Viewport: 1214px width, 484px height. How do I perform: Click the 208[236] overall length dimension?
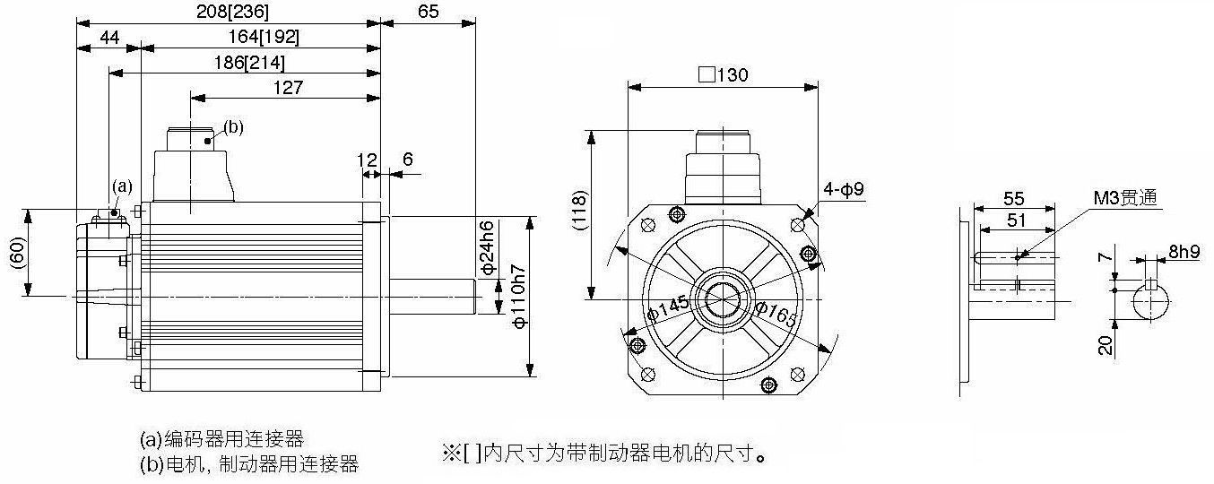click(x=232, y=12)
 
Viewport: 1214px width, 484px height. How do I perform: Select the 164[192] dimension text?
click(x=264, y=37)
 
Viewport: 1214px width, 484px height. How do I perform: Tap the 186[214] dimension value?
click(x=248, y=63)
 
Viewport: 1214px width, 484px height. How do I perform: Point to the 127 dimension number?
click(x=288, y=87)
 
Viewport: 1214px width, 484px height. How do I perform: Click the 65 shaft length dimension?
click(x=429, y=12)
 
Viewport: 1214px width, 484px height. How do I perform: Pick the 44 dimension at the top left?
click(x=108, y=37)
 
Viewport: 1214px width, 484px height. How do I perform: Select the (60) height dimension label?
click(x=19, y=253)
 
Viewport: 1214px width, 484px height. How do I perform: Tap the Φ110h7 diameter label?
click(x=518, y=297)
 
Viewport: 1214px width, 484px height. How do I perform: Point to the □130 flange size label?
click(x=723, y=74)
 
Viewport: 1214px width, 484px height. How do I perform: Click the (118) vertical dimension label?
click(x=580, y=211)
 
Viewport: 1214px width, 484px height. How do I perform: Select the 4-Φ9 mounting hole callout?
click(x=844, y=189)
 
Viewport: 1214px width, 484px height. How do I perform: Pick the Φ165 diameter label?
click(x=776, y=315)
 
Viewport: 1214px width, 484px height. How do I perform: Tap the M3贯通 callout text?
click(x=1125, y=198)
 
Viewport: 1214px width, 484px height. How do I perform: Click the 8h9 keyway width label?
click(x=1184, y=252)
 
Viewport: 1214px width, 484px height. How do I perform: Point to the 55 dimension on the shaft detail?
click(x=1013, y=198)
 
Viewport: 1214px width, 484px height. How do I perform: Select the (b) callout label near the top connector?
click(x=234, y=127)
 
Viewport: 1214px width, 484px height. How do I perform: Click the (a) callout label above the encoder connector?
click(x=122, y=186)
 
